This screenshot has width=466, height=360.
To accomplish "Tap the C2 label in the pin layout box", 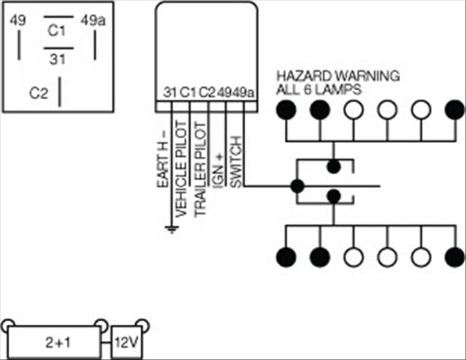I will point(39,93).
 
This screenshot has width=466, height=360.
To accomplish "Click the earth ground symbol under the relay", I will point(171,227).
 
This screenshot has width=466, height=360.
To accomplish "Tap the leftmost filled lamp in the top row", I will point(287,109).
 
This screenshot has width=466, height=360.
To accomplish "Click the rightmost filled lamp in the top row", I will point(454,109).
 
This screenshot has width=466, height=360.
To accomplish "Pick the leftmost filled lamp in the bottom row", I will point(287,257).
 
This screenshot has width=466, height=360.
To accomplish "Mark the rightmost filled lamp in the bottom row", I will point(454,257).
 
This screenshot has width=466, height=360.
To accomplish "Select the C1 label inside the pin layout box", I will point(56,30).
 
